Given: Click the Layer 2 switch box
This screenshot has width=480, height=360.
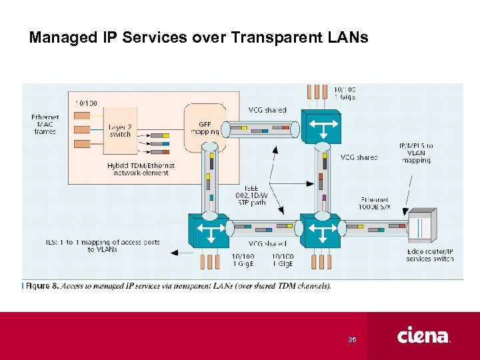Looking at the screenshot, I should (120, 130).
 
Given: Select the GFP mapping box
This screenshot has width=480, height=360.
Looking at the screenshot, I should (205, 127).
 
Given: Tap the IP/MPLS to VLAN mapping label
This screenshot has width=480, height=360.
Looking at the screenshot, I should (415, 153).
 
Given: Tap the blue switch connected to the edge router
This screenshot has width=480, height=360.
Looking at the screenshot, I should (322, 231).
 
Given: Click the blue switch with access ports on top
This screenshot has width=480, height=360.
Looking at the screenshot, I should (321, 126).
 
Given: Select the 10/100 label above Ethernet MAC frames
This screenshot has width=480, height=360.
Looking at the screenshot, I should (85, 103).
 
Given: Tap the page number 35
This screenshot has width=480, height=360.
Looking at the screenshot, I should (353, 340).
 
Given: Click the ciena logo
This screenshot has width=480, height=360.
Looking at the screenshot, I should (423, 335).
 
